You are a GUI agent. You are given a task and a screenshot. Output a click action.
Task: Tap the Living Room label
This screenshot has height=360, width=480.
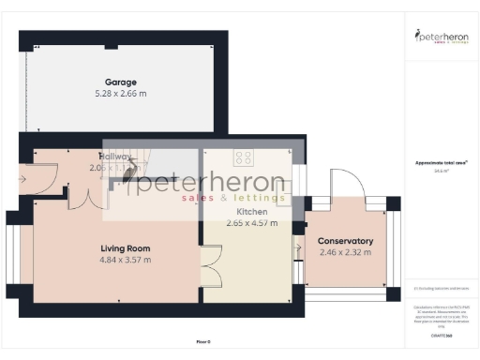click(126, 248)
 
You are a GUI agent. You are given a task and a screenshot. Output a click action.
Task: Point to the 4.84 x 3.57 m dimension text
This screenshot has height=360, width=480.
click(126, 262)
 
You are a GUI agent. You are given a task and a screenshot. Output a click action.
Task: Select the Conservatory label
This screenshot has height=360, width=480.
click(345, 241)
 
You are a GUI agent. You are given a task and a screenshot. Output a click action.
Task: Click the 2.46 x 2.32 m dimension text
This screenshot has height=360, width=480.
click(345, 253)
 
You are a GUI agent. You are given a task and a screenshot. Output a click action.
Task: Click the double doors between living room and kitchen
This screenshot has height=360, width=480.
click(212, 264)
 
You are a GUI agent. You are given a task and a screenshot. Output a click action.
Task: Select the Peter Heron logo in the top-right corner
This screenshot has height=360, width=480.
click(441, 37)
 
